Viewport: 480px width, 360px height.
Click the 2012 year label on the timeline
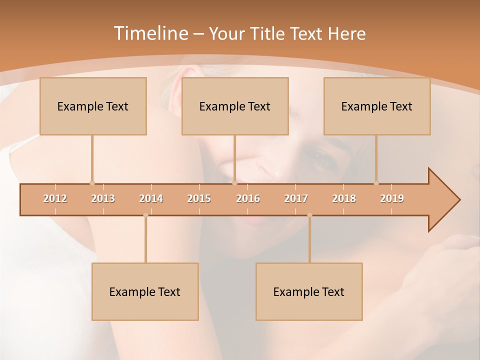(x=55, y=198)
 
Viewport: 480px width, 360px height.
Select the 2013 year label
(x=103, y=198)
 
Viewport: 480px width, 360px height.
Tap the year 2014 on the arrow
(x=151, y=198)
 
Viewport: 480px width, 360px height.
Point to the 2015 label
(x=199, y=198)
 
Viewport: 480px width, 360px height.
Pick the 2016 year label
(x=248, y=198)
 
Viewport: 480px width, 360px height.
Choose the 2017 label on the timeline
(x=296, y=198)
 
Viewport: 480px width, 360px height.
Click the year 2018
(x=344, y=198)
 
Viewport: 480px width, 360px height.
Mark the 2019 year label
(x=392, y=198)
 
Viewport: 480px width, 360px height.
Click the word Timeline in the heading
(x=150, y=33)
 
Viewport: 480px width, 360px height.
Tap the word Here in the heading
(x=346, y=34)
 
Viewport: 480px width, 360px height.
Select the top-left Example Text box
(x=93, y=106)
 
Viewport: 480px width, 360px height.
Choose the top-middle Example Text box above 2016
(x=235, y=106)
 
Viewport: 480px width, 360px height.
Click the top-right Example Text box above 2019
(x=377, y=106)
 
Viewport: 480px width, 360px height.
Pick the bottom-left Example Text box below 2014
(x=145, y=291)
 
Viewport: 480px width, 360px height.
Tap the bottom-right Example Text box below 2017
(x=309, y=291)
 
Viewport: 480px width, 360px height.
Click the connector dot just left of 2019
(x=376, y=183)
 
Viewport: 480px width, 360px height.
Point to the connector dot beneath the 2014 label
(x=145, y=215)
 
